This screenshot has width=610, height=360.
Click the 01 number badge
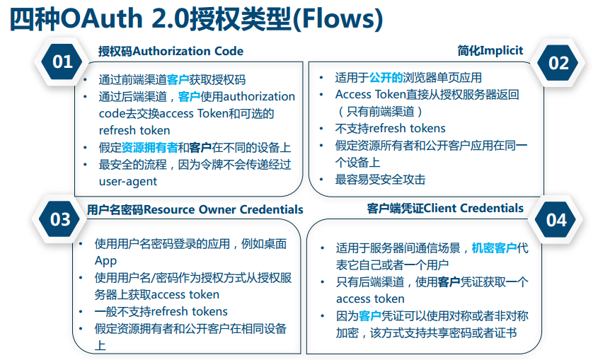click(x=63, y=62)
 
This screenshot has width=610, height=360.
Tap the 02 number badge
click(x=558, y=62)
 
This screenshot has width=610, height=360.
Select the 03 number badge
click(x=61, y=219)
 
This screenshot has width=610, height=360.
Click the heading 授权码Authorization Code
click(x=171, y=51)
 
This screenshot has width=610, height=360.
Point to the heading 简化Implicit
click(x=490, y=50)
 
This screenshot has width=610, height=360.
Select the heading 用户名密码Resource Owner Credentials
click(x=195, y=209)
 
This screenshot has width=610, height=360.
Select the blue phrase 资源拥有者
click(x=149, y=147)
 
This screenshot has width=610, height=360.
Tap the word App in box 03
click(x=106, y=260)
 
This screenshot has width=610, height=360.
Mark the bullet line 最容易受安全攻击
click(x=380, y=180)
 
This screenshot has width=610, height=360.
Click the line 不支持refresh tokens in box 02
click(x=390, y=128)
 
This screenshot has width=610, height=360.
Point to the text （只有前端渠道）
click(x=379, y=111)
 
